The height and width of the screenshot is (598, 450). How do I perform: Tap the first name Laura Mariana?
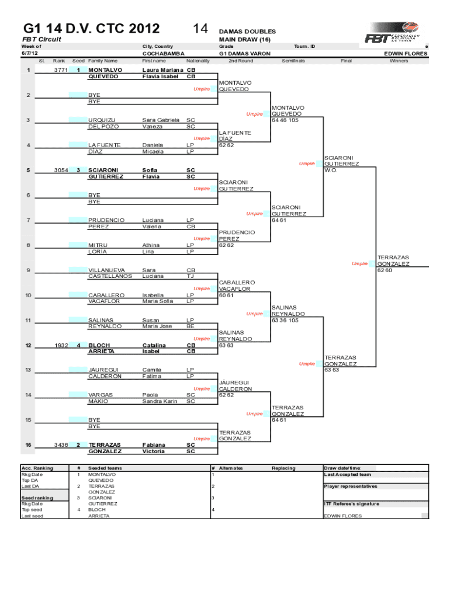[161, 70]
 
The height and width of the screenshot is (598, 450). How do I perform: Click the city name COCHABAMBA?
[160, 53]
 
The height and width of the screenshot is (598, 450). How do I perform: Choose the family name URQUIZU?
[102, 120]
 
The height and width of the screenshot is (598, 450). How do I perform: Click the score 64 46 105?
[285, 120]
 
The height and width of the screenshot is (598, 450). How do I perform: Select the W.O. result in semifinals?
[332, 171]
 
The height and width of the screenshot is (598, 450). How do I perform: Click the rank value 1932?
[61, 345]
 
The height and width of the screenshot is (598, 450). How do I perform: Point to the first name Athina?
[151, 245]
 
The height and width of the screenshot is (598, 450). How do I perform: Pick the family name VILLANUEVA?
[106, 270]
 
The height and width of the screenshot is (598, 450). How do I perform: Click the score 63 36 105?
[286, 320]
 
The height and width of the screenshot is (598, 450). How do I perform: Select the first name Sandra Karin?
[160, 401]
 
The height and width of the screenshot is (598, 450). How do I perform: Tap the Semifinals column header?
[294, 61]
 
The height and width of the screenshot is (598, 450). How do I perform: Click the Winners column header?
[399, 61]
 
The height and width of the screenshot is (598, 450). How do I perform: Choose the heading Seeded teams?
[105, 468]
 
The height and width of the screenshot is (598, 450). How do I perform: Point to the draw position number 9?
[28, 270]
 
